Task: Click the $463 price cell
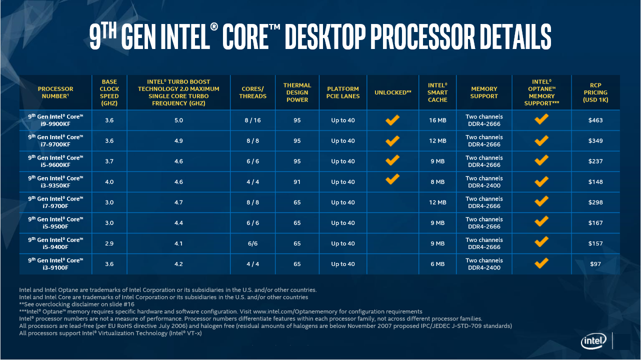point(595,120)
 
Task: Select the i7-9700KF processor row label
point(55,141)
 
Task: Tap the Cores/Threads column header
point(252,92)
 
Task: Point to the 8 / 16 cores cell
point(252,120)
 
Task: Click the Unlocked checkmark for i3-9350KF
point(392,178)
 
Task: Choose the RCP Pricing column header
point(595,92)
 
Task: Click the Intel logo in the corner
point(593,341)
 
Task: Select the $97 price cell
point(595,264)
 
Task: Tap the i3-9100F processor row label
point(55,264)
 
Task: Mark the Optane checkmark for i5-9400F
point(541,242)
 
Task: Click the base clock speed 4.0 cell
point(109,182)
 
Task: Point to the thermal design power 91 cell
point(297,182)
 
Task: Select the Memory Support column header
point(484,92)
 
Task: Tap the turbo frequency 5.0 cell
point(178,120)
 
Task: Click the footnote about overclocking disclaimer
point(77,304)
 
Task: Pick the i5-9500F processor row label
point(55,223)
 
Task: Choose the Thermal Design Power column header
point(297,92)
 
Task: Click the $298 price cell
point(595,202)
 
